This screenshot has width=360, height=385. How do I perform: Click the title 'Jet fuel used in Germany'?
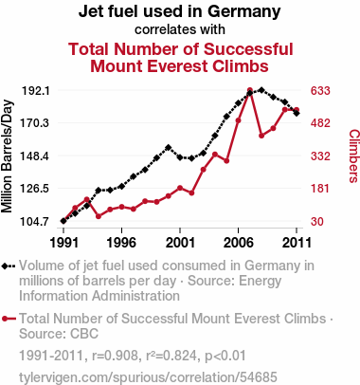point(180,11)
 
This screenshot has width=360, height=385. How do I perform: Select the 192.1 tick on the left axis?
point(35,91)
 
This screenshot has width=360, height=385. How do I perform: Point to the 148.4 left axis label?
point(35,156)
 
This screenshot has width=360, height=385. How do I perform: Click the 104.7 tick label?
point(35,221)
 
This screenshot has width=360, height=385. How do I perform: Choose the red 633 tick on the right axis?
point(320,91)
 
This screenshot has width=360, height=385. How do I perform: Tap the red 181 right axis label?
point(320,189)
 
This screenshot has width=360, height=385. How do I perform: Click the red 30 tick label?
point(317,221)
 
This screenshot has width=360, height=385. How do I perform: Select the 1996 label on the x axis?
point(121,243)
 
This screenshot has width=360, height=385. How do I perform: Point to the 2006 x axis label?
point(238,243)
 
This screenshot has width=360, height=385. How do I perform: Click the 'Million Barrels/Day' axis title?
point(7,156)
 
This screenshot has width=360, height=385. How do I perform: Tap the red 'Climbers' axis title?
point(353,156)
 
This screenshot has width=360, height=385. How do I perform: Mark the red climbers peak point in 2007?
point(250,91)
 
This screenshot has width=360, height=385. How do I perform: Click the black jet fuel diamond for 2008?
point(261,90)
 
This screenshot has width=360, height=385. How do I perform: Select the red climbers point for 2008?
point(261,136)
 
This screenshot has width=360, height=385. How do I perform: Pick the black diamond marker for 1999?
point(169,147)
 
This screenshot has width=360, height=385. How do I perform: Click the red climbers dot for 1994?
point(99,216)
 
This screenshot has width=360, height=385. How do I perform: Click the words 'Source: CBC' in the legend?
point(59,334)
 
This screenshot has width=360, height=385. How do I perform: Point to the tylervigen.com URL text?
point(148,377)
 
